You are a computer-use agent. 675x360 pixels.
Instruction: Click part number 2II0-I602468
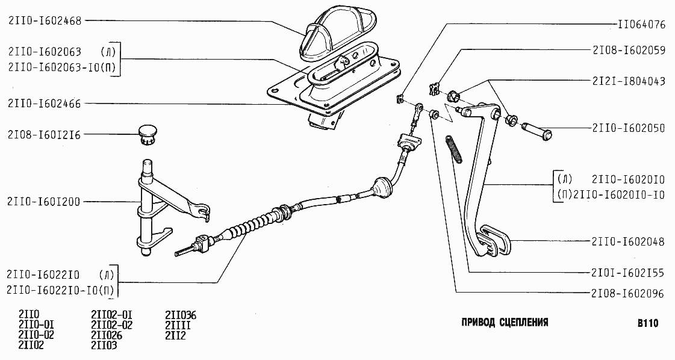[45, 20]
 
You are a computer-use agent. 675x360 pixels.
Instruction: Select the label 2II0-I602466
[45, 104]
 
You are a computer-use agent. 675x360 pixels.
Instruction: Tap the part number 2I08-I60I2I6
[45, 135]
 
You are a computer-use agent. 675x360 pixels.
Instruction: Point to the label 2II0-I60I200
[45, 202]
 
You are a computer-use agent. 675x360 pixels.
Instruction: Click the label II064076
[641, 25]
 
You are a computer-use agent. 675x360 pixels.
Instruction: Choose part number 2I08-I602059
[629, 50]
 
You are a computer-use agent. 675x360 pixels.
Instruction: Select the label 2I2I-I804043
[629, 81]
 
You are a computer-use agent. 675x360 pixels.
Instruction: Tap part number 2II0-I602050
[629, 128]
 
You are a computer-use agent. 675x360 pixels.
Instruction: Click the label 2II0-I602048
[629, 241]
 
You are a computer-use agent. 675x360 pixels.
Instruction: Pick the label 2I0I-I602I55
[629, 273]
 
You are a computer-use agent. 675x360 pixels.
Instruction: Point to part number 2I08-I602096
[629, 294]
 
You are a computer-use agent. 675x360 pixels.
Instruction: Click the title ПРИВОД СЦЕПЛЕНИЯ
[505, 322]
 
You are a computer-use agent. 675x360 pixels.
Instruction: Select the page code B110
[648, 323]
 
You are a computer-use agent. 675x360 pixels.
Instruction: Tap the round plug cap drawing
[148, 134]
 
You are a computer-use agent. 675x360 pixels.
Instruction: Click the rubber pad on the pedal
[494, 241]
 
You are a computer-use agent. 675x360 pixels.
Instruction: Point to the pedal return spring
[454, 149]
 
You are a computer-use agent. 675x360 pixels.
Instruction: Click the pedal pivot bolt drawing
[537, 133]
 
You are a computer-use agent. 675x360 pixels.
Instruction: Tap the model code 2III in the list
[178, 326]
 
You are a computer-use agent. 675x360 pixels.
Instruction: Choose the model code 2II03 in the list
[104, 346]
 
